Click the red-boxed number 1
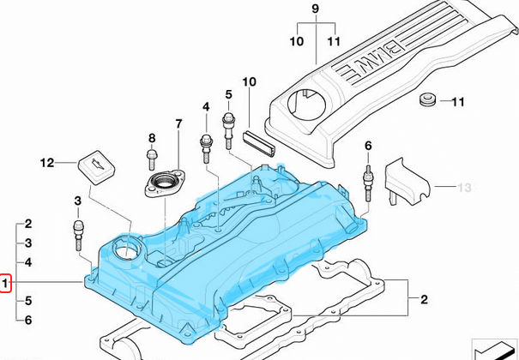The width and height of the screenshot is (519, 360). [x=5, y=284]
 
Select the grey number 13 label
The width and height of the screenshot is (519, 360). [x=463, y=186]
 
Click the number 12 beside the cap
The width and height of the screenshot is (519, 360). [x=46, y=161]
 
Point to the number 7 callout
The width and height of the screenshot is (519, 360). [x=178, y=124]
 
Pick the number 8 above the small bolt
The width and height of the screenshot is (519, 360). [x=152, y=138]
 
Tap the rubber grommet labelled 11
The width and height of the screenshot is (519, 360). [x=425, y=103]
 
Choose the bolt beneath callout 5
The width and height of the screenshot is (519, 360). [x=230, y=125]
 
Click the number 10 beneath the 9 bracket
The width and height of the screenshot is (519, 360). [x=296, y=40]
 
